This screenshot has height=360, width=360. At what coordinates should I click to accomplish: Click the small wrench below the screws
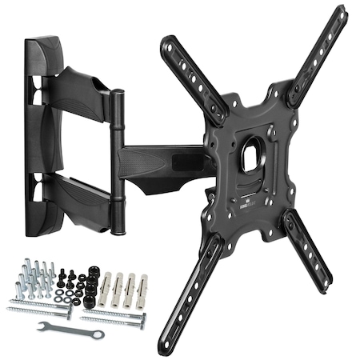[70, 327]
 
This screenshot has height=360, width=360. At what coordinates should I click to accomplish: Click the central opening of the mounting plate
[254, 152]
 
